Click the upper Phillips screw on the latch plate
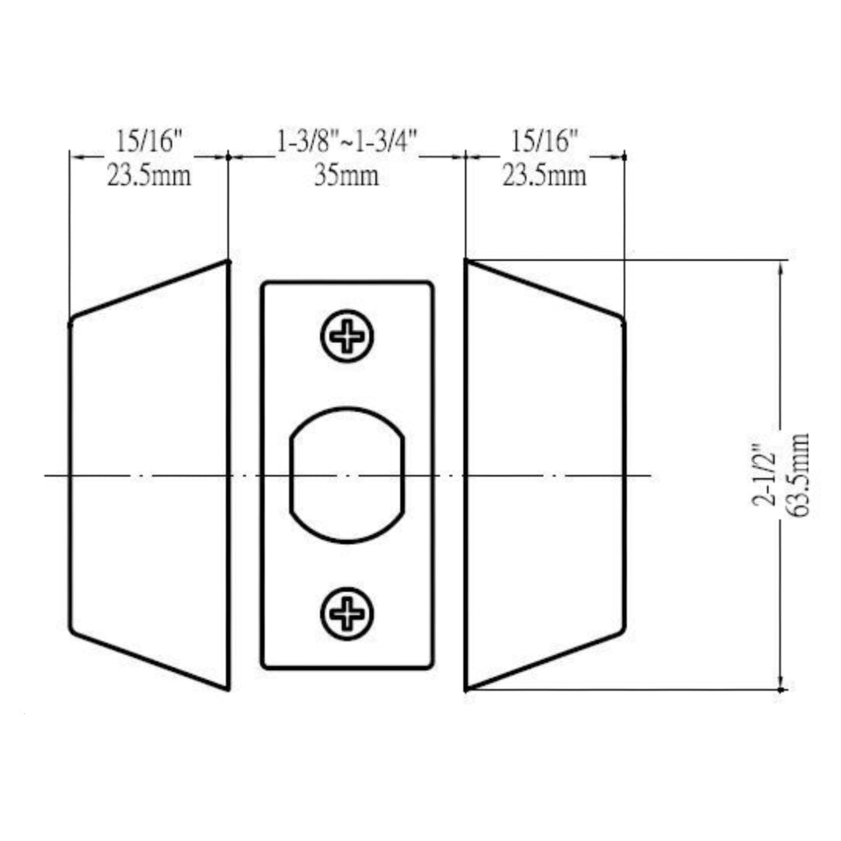347,336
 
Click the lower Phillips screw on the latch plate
347,614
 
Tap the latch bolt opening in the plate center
347,474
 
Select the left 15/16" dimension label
149,141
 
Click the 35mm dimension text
347,176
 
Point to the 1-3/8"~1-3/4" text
347,141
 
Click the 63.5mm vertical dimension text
797,474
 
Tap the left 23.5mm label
149,176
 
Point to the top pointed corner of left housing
227,262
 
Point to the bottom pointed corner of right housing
466,688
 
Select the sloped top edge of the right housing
545,289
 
